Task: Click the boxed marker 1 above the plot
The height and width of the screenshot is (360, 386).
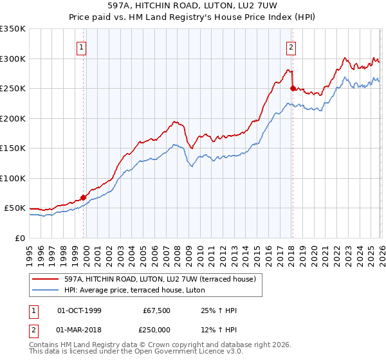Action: click(82, 46)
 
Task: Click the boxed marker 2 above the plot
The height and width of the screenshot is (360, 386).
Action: click(291, 46)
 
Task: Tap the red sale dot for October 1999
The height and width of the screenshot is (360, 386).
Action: click(84, 197)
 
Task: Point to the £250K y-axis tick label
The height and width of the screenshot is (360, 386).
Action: click(13, 89)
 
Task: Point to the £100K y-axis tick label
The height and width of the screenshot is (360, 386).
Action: click(13, 178)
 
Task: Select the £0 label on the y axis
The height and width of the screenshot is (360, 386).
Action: click(19, 238)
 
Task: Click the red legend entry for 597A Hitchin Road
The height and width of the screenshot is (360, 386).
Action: click(160, 279)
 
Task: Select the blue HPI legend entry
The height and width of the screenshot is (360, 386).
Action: click(134, 291)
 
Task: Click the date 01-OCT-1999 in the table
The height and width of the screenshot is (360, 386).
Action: click(79, 311)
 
